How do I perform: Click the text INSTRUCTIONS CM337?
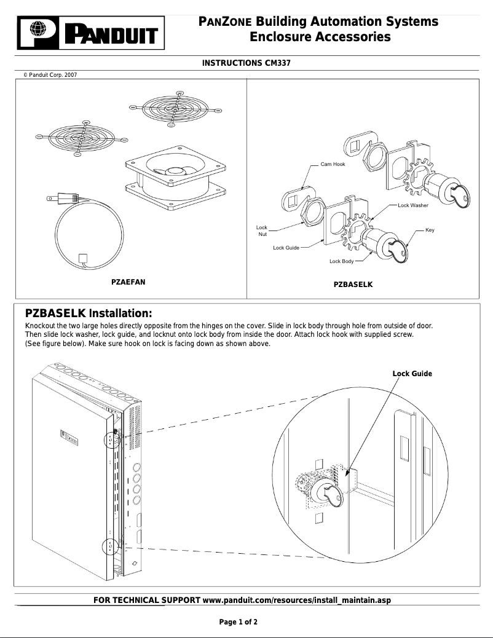(246, 63)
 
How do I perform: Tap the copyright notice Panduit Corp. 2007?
(50, 75)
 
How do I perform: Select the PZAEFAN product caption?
(128, 282)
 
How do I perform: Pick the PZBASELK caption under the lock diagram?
(353, 285)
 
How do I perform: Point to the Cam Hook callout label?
(333, 164)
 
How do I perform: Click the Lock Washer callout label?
(413, 205)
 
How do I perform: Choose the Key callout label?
(430, 229)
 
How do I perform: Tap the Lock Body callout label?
(342, 261)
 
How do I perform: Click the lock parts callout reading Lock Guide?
(286, 248)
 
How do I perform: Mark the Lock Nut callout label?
(262, 230)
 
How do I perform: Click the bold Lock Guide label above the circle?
(412, 374)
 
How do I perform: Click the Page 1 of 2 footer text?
(239, 622)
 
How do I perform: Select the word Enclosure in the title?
(282, 37)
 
